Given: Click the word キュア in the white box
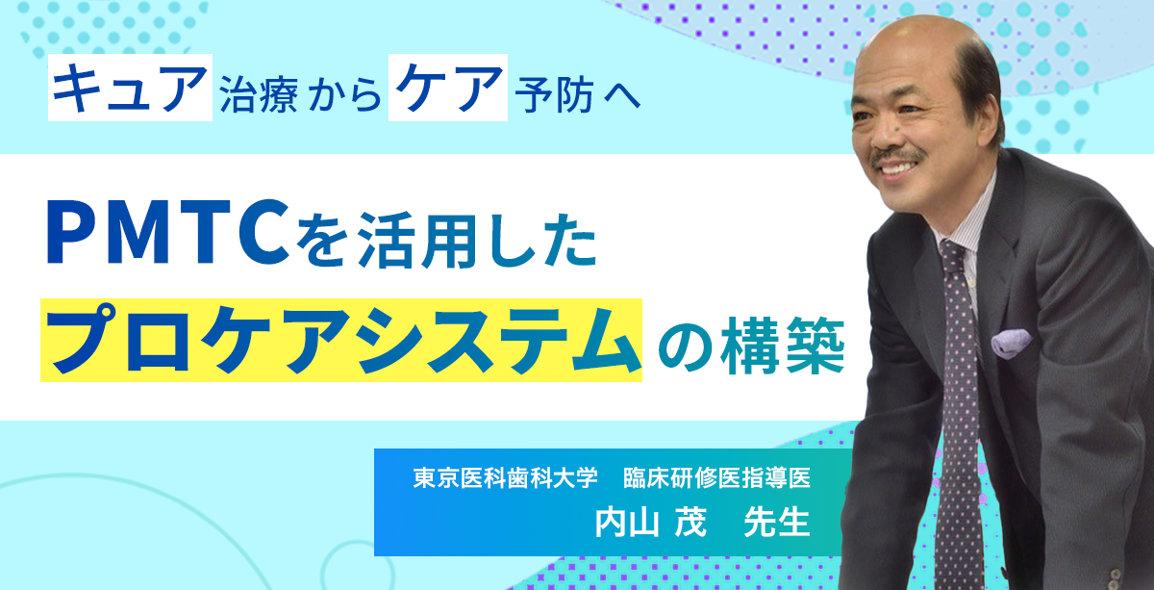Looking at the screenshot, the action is click(130, 88).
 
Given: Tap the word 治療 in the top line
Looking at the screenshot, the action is click(259, 95).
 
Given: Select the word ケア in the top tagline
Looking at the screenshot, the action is click(448, 88).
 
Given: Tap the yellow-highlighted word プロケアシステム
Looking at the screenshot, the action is click(341, 340).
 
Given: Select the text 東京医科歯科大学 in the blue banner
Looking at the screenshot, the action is click(506, 477).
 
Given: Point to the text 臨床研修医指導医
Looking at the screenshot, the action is click(717, 477).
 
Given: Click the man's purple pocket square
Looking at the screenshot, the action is click(1011, 343).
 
